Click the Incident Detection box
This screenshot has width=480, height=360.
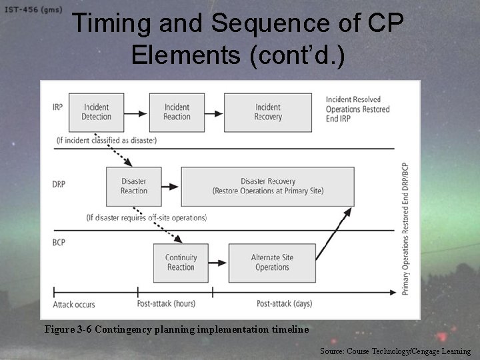97,112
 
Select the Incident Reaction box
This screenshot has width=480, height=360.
177,112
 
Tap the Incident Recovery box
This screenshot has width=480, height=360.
267,112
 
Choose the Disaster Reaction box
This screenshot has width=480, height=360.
134,186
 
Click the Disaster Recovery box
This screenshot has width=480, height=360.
267,186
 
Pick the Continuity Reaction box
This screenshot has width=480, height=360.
181,263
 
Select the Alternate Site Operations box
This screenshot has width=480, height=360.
272,263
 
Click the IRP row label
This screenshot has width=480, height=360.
58,107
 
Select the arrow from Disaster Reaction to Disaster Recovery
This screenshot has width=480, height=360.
171,187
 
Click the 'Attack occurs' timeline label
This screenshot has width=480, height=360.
74,305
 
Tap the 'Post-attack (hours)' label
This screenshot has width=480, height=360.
166,304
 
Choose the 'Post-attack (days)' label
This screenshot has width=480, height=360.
284,304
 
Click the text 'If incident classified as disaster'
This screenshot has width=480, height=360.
107,141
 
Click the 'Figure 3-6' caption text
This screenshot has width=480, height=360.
176,329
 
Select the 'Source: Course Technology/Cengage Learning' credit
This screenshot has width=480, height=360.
395,351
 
